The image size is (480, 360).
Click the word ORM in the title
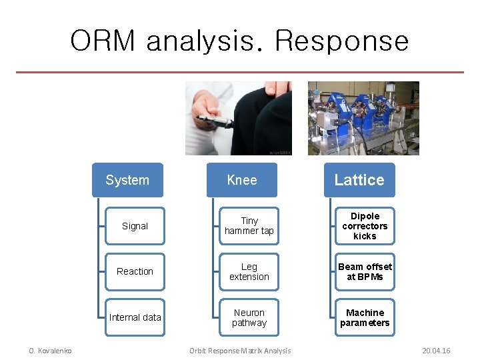[104, 41]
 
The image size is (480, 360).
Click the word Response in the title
[341, 41]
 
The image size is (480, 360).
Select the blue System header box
[127, 180]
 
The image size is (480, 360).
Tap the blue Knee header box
[241, 180]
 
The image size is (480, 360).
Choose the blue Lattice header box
[359, 180]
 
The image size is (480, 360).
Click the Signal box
[135, 226]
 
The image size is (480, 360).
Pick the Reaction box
[135, 271]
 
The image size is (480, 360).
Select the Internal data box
[135, 317]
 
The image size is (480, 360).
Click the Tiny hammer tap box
[249, 226]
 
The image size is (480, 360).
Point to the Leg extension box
[249, 271]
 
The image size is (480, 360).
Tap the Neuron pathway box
[249, 317]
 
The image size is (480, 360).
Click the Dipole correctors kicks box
[365, 226]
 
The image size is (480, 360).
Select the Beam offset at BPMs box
[365, 271]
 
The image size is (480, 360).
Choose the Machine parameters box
[365, 317]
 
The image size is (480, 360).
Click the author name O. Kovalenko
[50, 351]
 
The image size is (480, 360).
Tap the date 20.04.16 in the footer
[436, 351]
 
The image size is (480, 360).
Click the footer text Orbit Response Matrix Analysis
[240, 351]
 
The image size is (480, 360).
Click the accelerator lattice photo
[363, 118]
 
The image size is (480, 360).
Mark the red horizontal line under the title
[240, 72]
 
